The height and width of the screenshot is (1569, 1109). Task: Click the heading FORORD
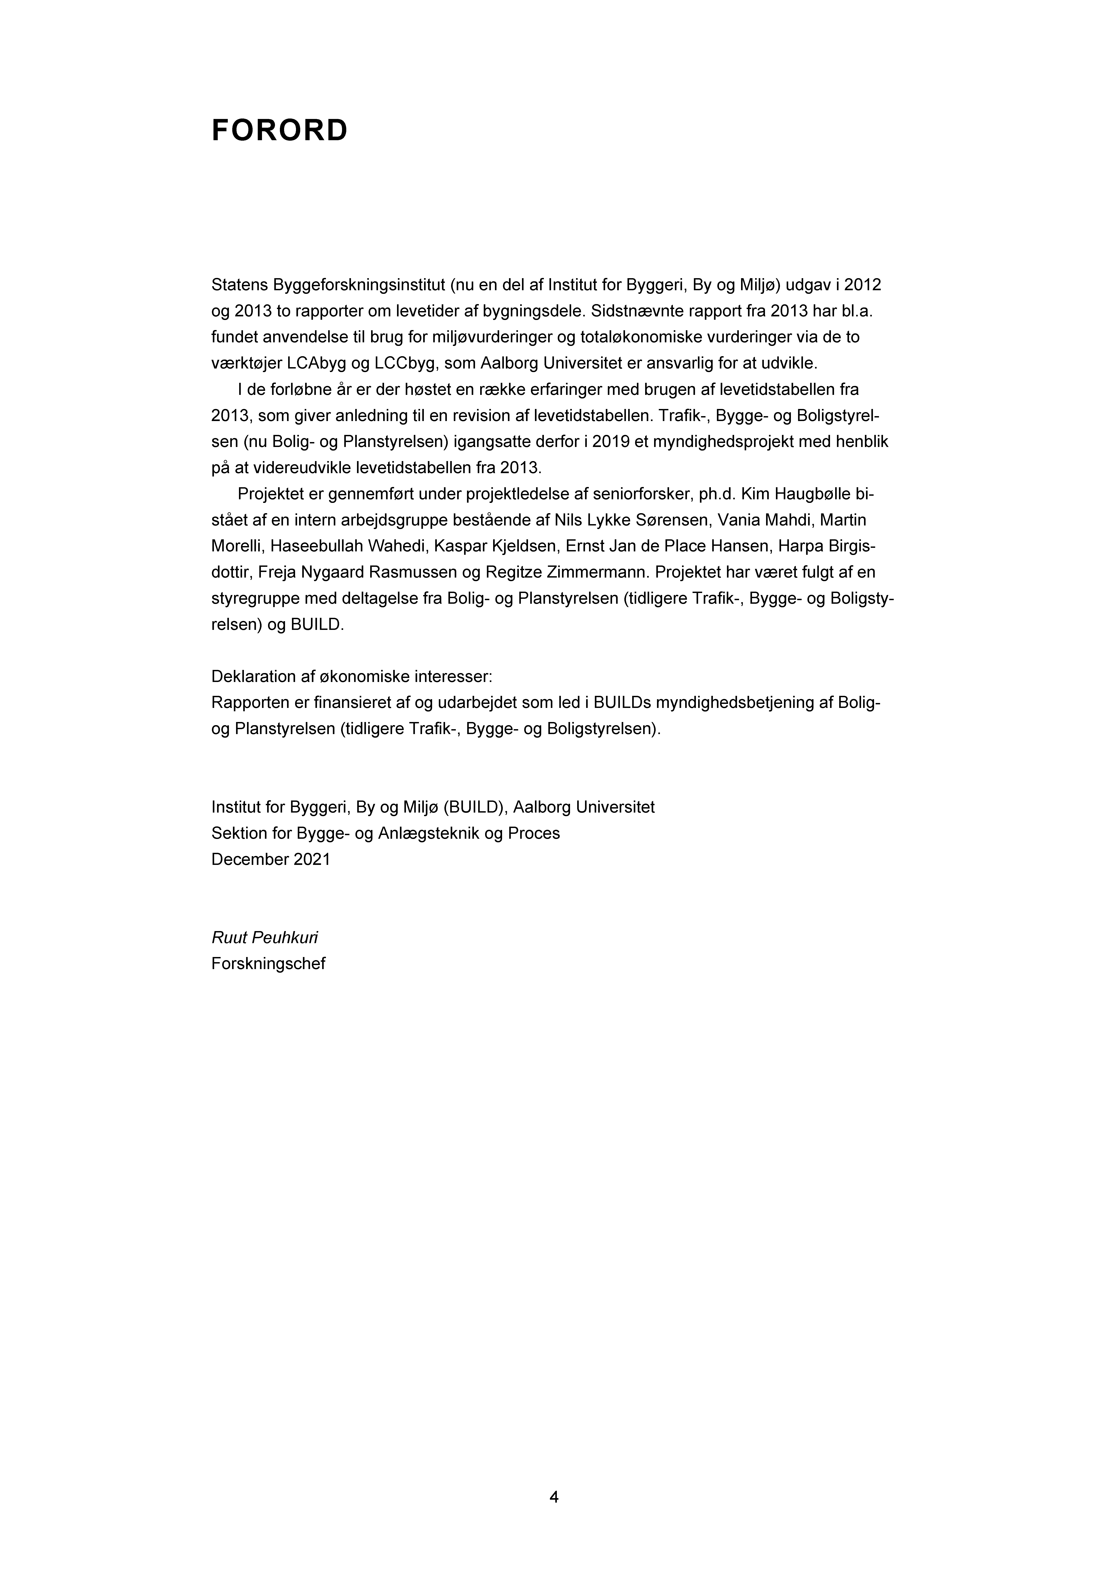coord(279,131)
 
